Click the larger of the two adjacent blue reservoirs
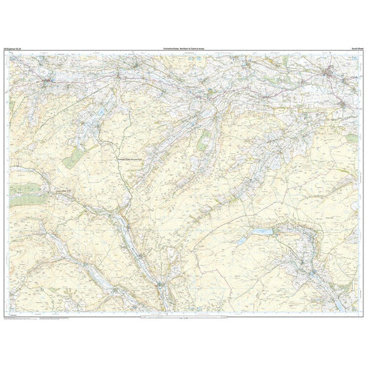click(262, 231)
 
